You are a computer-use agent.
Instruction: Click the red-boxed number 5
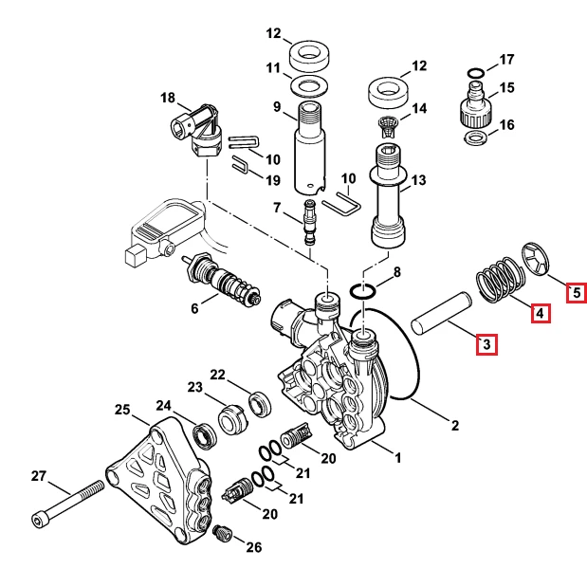tap(577, 292)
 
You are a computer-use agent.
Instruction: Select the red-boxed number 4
tap(541, 313)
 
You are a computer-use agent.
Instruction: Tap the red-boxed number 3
tap(486, 343)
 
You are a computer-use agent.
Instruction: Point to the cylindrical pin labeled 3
tap(442, 312)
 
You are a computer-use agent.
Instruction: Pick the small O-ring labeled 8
tap(362, 291)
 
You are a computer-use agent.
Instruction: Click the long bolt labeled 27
tap(67, 504)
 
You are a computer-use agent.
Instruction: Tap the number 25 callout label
tap(122, 409)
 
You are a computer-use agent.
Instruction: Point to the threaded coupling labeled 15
tap(475, 106)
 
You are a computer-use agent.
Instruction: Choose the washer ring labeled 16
tap(476, 138)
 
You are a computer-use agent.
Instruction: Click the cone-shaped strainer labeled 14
tap(388, 126)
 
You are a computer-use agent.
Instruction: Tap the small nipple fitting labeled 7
tap(309, 223)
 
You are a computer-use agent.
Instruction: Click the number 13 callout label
tap(418, 180)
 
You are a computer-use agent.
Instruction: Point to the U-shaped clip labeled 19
tap(242, 165)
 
